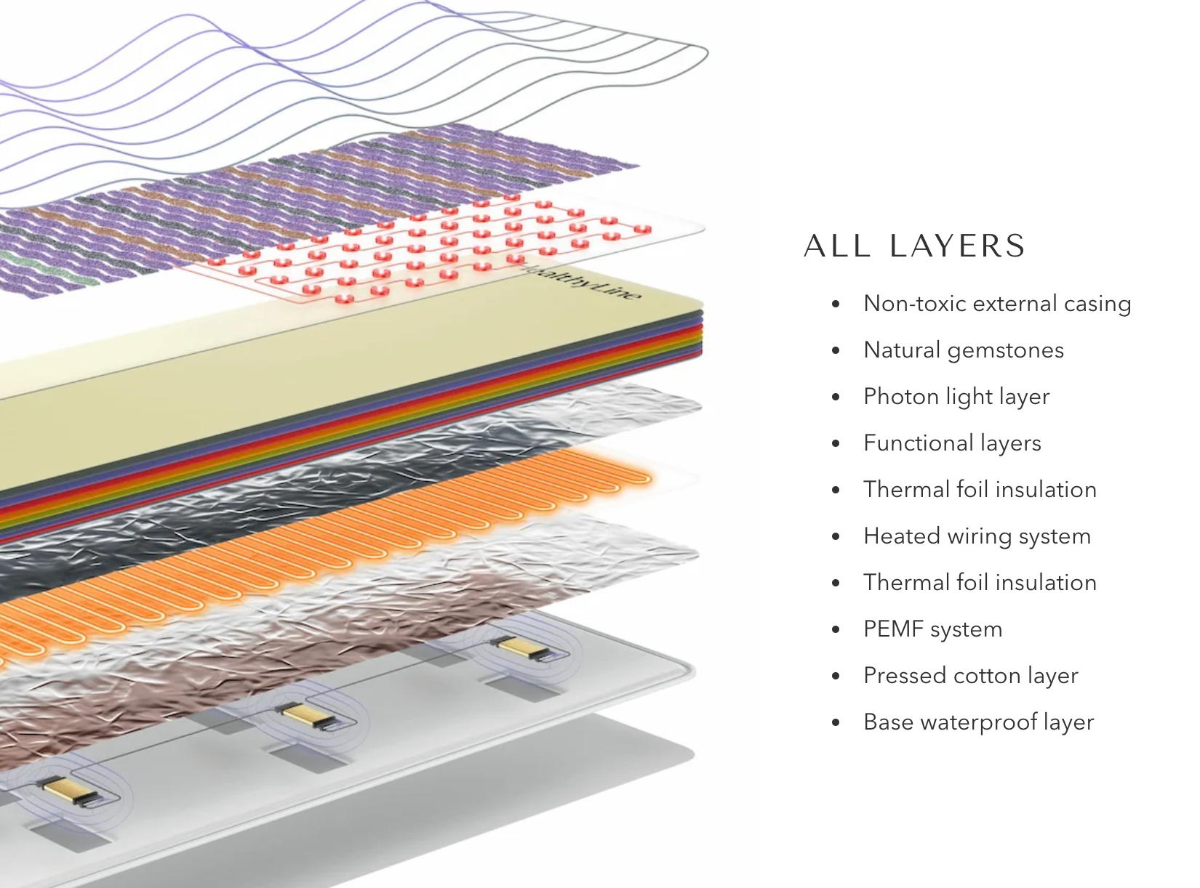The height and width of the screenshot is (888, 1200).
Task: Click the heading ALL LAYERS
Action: click(914, 246)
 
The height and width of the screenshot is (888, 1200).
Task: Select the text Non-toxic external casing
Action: click(996, 304)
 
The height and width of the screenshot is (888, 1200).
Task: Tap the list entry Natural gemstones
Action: click(963, 350)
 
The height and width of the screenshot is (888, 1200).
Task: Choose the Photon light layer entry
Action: click(956, 397)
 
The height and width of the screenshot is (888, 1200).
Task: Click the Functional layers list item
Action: click(951, 443)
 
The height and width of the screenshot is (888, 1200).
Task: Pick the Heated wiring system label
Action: click(976, 536)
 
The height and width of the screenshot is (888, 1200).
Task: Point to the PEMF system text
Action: click(932, 629)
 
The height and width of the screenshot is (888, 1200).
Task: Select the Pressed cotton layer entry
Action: click(970, 676)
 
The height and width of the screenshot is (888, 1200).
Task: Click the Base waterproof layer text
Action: click(978, 722)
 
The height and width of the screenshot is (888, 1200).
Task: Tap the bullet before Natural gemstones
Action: click(836, 351)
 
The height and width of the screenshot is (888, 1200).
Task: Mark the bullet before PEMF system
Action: click(836, 630)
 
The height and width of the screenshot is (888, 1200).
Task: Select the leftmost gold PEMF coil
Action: click(66, 789)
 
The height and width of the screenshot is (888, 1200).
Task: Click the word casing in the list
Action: click(1097, 304)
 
